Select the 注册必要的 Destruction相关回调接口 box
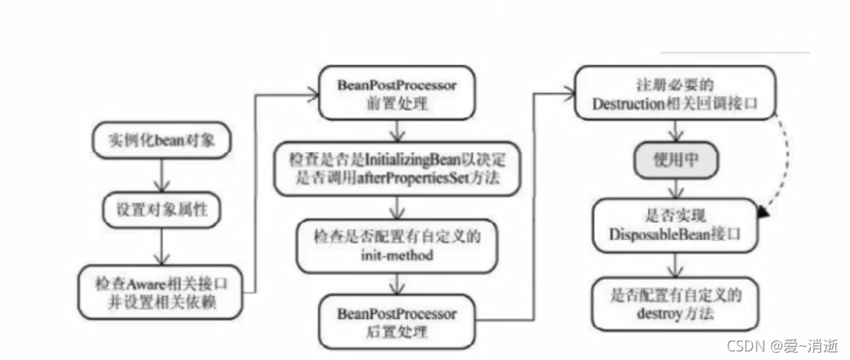(675, 92)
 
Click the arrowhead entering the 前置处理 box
(313, 93)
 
